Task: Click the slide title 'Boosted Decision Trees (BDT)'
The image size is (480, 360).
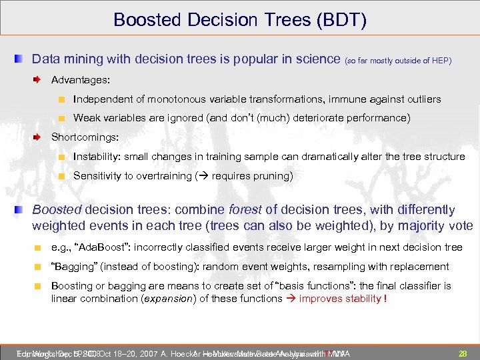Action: tap(240, 19)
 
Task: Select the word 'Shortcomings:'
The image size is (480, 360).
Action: tap(85, 137)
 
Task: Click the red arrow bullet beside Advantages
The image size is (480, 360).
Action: tap(39, 80)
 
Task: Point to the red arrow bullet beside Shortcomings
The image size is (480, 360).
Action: tap(39, 138)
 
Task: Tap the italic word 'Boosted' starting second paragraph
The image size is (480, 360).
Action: tap(56, 210)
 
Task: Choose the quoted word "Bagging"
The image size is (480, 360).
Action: tap(74, 267)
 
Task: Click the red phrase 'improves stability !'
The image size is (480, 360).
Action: tap(343, 298)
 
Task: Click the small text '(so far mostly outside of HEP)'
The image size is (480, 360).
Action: tap(398, 61)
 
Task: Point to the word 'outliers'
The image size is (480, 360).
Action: tap(422, 99)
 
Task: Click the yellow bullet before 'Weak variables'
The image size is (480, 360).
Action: tap(61, 119)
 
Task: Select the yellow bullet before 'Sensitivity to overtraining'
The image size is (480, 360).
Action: tap(61, 177)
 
